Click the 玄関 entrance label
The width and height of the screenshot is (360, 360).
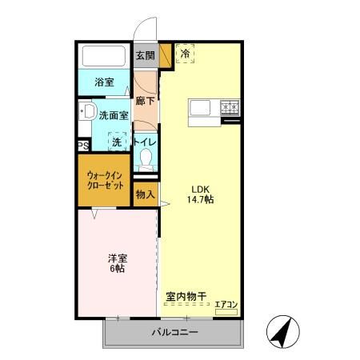pos(144,55)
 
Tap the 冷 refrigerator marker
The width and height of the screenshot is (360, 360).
pos(186,54)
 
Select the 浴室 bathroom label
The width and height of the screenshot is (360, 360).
pos(104,82)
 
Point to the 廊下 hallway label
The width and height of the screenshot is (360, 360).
pos(144,102)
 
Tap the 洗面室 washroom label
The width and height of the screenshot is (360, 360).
pos(114,114)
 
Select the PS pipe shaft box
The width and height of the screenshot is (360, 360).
pos(82,146)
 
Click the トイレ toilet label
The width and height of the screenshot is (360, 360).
pos(145,142)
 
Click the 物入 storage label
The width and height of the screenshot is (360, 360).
pos(144,194)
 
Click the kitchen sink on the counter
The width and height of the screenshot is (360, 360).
pos(200,107)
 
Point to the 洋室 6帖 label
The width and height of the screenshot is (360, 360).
pos(118,263)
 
